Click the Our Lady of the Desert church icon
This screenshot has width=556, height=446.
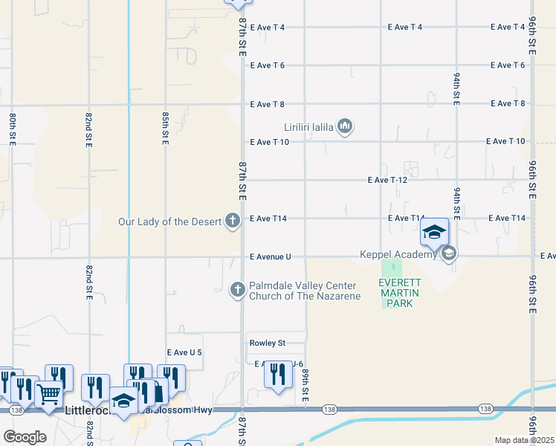tap(233, 220)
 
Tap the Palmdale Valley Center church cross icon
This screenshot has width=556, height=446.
tap(237, 290)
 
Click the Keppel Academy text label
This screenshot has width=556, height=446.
tap(398, 255)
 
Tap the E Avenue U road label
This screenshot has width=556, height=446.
tap(270, 256)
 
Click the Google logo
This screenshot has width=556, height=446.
tap(25, 436)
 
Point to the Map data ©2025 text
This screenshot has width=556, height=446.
tap(524, 440)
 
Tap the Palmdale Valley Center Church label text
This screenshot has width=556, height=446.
tap(305, 291)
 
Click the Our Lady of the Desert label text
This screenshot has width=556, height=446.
tap(172, 221)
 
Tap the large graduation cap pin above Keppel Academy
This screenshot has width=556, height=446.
tap(435, 233)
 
